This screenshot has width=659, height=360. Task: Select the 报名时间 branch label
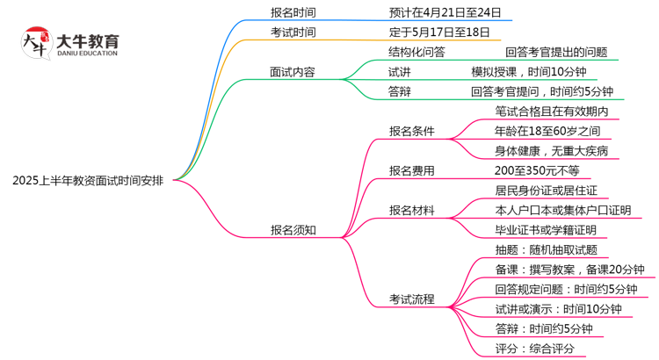click(x=293, y=12)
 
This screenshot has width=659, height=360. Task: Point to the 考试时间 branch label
click(x=293, y=32)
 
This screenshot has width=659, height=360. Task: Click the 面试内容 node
click(x=293, y=72)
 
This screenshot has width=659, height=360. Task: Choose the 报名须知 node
click(x=293, y=230)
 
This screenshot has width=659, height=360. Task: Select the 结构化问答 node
click(x=416, y=52)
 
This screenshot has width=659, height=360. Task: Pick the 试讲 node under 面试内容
click(x=399, y=72)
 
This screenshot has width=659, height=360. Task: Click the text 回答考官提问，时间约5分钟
click(x=541, y=91)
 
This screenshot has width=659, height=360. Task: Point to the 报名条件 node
click(x=412, y=131)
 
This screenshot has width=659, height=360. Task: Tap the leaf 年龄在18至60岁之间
click(x=547, y=131)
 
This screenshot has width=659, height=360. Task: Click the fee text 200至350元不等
click(x=537, y=170)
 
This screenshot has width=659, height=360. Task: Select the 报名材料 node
click(x=412, y=210)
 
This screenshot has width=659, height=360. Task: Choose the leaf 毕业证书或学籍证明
click(x=545, y=230)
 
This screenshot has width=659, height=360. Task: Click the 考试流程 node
click(x=412, y=299)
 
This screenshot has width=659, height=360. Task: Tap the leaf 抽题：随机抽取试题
click(x=546, y=250)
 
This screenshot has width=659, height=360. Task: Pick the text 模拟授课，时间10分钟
click(x=528, y=72)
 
